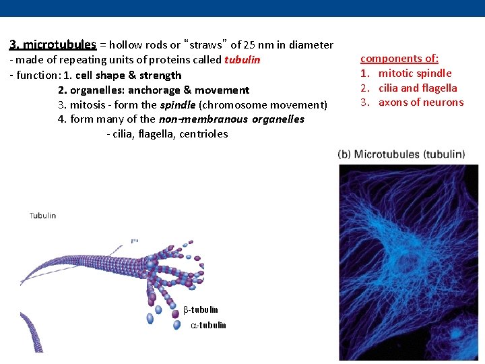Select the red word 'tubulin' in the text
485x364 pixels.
(x=242, y=60)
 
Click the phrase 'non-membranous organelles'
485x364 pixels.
(x=231, y=119)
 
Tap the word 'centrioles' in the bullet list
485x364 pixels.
(x=204, y=134)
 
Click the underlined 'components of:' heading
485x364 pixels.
(x=399, y=59)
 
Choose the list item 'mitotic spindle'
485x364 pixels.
(x=415, y=73)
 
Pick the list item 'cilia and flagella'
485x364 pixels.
(x=418, y=88)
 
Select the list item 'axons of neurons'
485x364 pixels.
(x=421, y=102)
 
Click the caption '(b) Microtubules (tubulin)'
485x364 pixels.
(x=401, y=154)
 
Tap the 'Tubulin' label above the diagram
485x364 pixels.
(x=42, y=216)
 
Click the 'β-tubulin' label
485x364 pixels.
(x=201, y=310)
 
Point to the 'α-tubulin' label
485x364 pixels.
(x=208, y=326)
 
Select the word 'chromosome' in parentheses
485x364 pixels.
(x=229, y=104)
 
